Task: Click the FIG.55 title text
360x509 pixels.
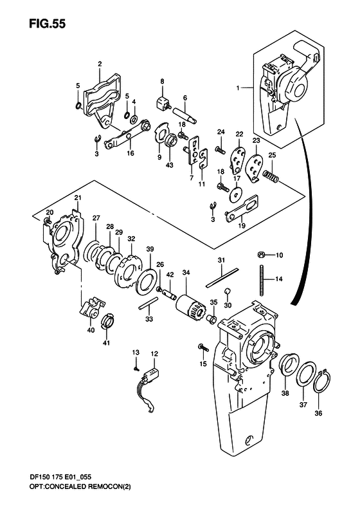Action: (x=47, y=24)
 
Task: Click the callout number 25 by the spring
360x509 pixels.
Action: (x=272, y=155)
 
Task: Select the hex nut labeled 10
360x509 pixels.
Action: (x=261, y=255)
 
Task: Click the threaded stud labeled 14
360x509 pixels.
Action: (x=261, y=281)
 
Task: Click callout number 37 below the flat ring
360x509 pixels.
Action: (x=303, y=405)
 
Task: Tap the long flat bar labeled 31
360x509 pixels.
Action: (x=222, y=278)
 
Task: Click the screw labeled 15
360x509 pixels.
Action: (x=202, y=349)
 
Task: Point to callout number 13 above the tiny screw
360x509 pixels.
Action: (x=136, y=352)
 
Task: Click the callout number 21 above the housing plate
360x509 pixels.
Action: (x=78, y=198)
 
